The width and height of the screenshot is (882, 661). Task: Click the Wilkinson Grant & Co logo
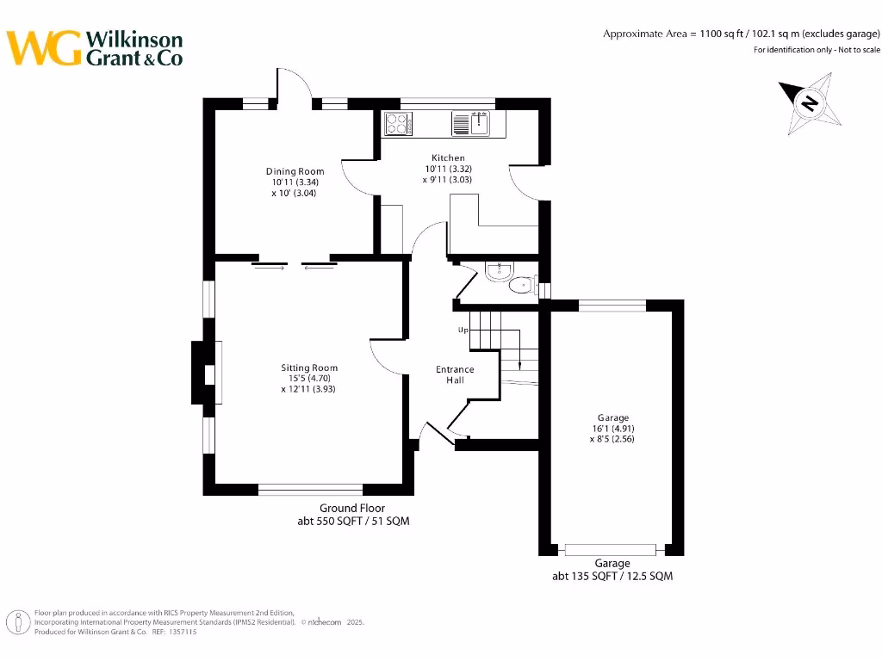coord(95,48)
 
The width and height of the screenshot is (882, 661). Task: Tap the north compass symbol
coord(809,104)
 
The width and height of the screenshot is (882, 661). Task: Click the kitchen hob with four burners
coord(398,124)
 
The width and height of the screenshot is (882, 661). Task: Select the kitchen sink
coord(471,124)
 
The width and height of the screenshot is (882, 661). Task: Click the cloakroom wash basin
coord(499,271)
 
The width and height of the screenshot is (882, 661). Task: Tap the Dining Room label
coord(295,171)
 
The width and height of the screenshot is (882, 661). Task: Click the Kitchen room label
coord(448,158)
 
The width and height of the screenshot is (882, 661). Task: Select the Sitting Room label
coord(309,368)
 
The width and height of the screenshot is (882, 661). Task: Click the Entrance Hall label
coord(455,374)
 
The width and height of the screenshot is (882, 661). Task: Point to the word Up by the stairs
coord(463,330)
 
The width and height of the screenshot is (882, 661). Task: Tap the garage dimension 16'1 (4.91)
coord(613,428)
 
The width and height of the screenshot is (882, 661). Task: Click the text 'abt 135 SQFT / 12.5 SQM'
coord(612,576)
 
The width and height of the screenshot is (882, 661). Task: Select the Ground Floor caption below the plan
coord(352,508)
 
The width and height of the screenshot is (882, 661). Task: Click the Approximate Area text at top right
coord(741,34)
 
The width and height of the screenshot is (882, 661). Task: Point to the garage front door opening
coord(611,549)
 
